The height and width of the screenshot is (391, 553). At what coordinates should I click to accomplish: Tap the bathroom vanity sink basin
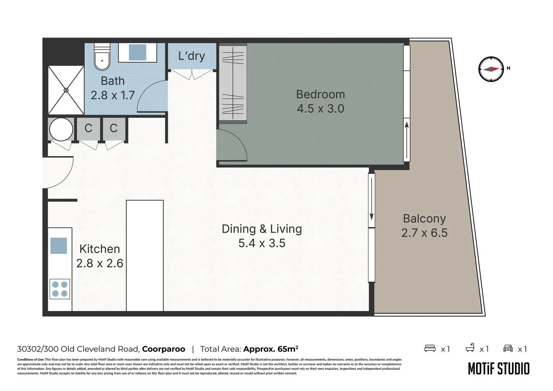[138, 52]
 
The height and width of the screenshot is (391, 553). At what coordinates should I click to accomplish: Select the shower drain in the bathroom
[66, 90]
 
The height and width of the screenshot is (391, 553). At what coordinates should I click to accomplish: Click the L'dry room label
[191, 56]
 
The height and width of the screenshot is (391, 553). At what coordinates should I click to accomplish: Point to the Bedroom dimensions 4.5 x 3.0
[320, 109]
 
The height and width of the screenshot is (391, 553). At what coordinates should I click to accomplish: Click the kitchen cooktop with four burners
[60, 289]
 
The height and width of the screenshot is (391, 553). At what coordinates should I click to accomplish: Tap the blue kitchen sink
[59, 246]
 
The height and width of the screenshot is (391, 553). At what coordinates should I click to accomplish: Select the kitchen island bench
[145, 255]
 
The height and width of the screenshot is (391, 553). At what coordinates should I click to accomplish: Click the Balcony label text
[425, 219]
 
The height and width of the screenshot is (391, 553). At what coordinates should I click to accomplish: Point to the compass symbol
[491, 69]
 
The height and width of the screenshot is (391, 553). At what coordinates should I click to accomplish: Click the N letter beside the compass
[508, 68]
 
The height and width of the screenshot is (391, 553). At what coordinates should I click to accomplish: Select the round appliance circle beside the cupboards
[61, 129]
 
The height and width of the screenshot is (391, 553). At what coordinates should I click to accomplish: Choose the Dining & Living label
[262, 229]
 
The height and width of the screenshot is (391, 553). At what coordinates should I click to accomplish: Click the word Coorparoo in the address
[164, 349]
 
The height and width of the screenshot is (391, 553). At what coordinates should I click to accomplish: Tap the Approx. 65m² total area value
[271, 349]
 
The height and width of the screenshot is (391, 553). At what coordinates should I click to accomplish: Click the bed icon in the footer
[430, 348]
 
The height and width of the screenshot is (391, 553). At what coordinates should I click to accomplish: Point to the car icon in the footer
[508, 348]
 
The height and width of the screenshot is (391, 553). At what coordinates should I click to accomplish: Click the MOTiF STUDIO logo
[499, 369]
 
